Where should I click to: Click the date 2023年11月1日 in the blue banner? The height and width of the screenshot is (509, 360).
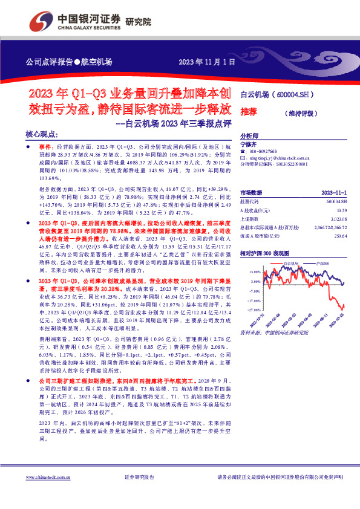click(205, 62)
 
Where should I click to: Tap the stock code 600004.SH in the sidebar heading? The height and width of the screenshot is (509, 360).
click(295, 95)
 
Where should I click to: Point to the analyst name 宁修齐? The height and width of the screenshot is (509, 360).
click(249, 144)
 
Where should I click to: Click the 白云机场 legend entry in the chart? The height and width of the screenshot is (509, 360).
click(290, 264)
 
